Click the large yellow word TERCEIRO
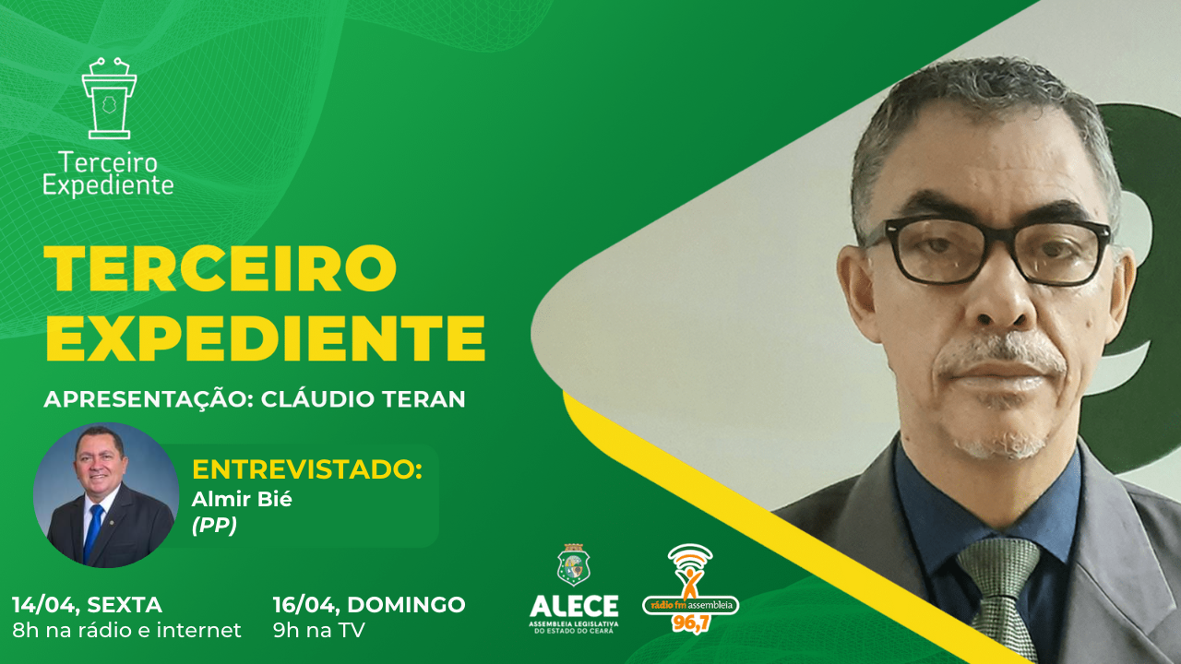pyautogui.click(x=220, y=268)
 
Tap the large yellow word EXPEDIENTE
pyautogui.click(x=265, y=338)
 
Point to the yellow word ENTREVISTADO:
pyautogui.click(x=306, y=468)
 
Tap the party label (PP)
pyautogui.click(x=214, y=526)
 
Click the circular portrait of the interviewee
pyautogui.click(x=106, y=495)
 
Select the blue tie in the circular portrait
pyautogui.click(x=94, y=532)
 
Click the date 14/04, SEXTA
pyautogui.click(x=87, y=605)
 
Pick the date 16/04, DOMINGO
pyautogui.click(x=369, y=605)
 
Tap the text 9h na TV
pyautogui.click(x=318, y=631)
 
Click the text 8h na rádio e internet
pyautogui.click(x=126, y=631)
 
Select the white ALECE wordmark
pyautogui.click(x=574, y=606)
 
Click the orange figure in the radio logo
pyautogui.click(x=689, y=580)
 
